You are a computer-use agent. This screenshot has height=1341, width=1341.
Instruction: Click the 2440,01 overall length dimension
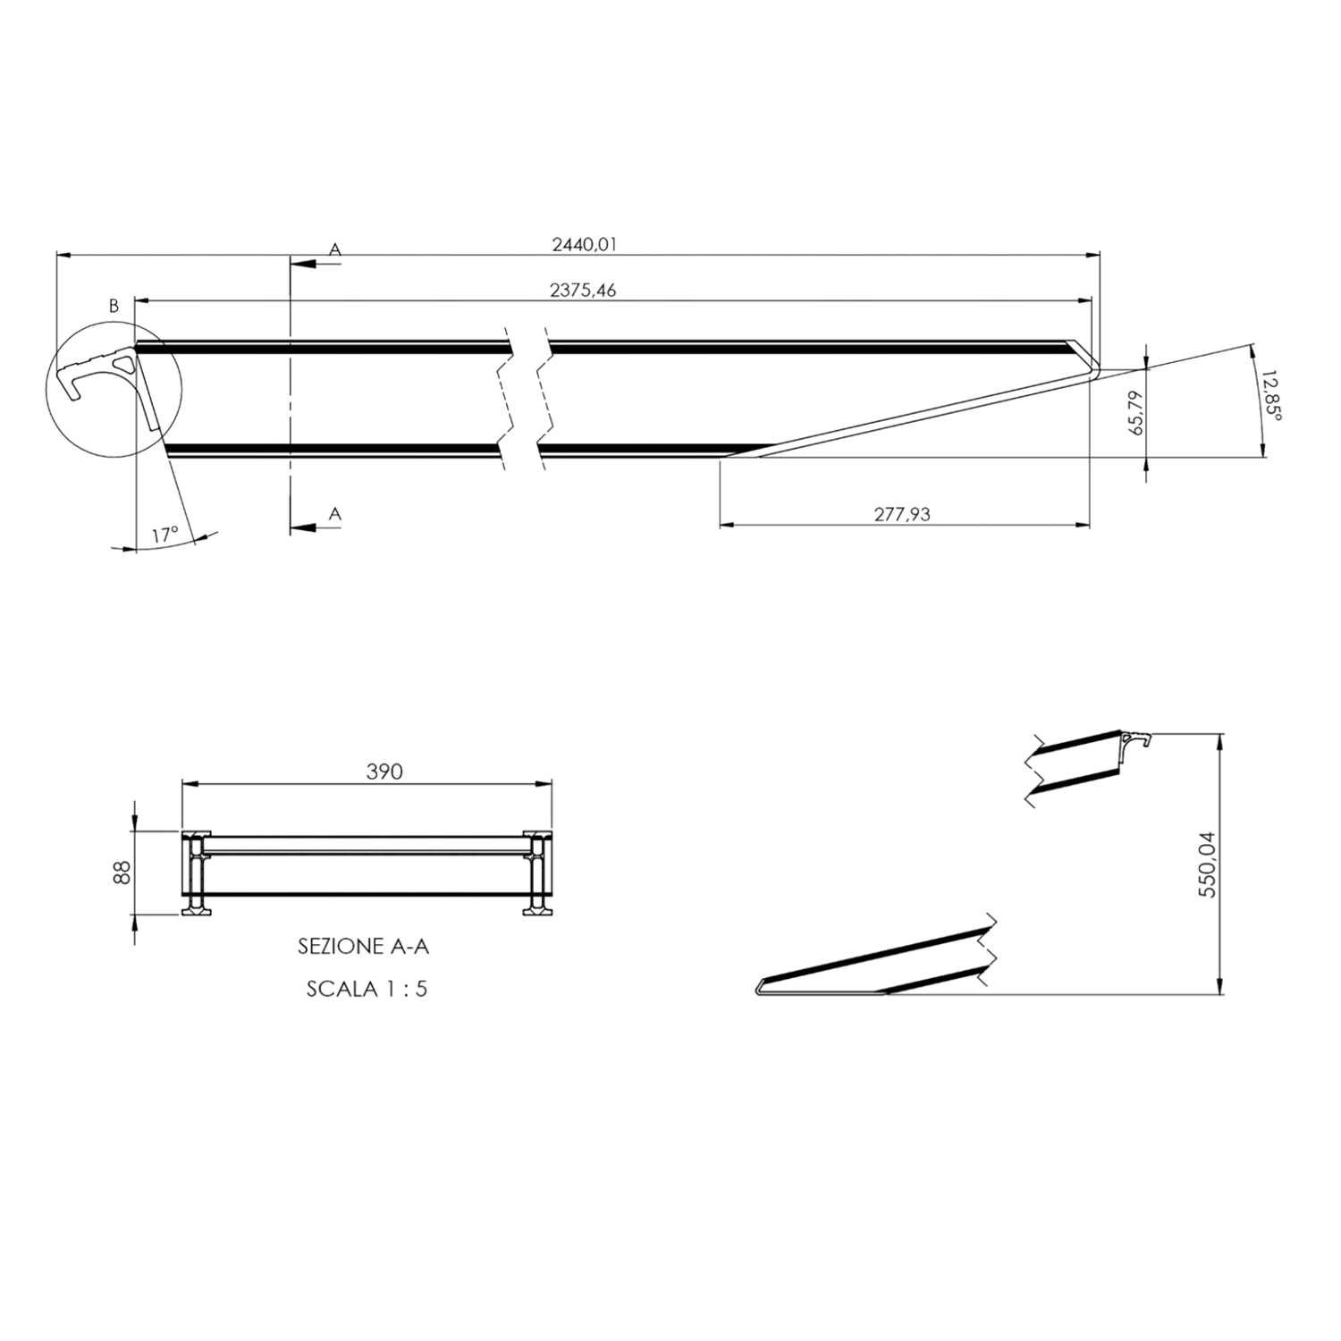tap(585, 243)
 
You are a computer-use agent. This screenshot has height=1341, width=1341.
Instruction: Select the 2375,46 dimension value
tap(583, 290)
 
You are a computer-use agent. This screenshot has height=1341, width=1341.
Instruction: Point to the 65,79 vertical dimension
tap(1136, 412)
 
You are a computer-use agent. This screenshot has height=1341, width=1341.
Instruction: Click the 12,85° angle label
tap(1271, 398)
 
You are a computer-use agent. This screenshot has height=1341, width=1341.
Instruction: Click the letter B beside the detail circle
tap(114, 306)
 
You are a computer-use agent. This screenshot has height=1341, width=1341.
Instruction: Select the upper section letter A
tap(335, 249)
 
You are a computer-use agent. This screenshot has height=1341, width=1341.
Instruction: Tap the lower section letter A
tap(335, 513)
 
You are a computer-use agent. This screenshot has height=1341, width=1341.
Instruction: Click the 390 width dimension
tap(384, 772)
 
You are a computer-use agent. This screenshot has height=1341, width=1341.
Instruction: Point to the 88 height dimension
tap(123, 872)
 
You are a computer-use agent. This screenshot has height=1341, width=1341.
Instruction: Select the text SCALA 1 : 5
tap(367, 989)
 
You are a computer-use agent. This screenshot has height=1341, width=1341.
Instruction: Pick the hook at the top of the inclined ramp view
tap(1139, 739)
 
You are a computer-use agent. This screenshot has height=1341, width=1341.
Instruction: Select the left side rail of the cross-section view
tap(194, 873)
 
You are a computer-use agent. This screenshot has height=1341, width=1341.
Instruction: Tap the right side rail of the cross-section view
tap(538, 873)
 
